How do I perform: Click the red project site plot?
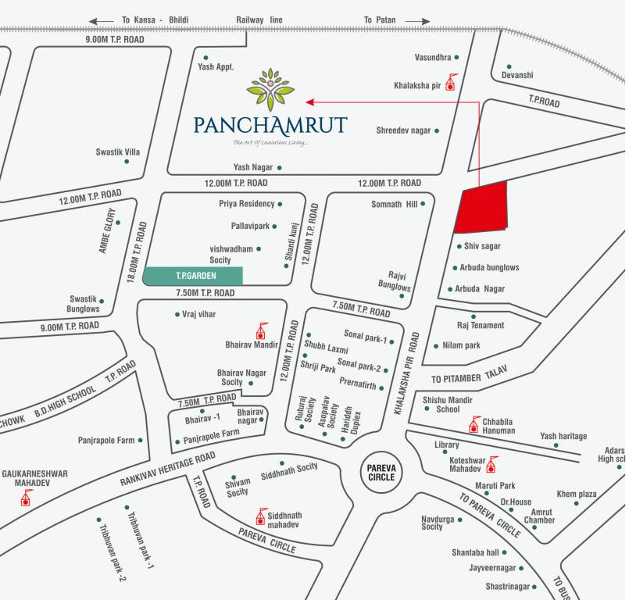click(481, 208)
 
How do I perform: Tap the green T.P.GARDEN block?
click(193, 276)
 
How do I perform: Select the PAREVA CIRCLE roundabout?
click(382, 472)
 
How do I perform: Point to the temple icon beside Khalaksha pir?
click(450, 83)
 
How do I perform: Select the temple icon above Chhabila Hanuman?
click(472, 424)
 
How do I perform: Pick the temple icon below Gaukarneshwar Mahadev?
click(26, 497)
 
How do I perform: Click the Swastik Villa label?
click(118, 152)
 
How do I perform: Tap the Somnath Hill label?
click(395, 205)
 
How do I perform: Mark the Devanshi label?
click(517, 75)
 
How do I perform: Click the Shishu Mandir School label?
click(448, 404)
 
